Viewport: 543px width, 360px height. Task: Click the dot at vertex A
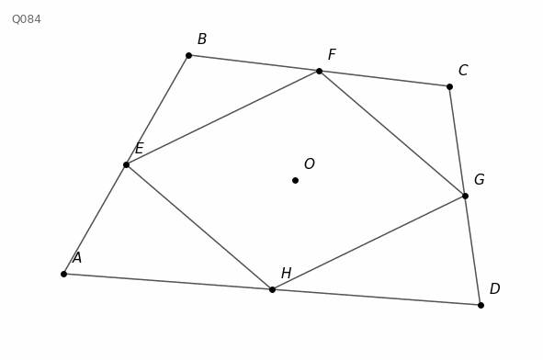pyautogui.click(x=63, y=275)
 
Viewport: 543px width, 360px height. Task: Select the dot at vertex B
pyautogui.click(x=188, y=55)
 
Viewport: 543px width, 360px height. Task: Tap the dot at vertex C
pyautogui.click(x=449, y=86)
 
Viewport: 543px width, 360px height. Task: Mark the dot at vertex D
pyautogui.click(x=481, y=305)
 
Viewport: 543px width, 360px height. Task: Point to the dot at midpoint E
pyautogui.click(x=127, y=164)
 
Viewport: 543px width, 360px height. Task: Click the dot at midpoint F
pyautogui.click(x=320, y=72)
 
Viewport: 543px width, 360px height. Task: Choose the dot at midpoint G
pyautogui.click(x=465, y=196)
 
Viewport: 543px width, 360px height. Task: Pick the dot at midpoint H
pyautogui.click(x=272, y=289)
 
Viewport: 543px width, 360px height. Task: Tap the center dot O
pyautogui.click(x=296, y=180)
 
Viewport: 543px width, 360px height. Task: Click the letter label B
pyautogui.click(x=202, y=39)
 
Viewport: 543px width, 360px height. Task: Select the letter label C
pyautogui.click(x=463, y=71)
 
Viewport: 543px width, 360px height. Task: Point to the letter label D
pyautogui.click(x=495, y=288)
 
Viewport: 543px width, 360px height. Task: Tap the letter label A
pyautogui.click(x=77, y=258)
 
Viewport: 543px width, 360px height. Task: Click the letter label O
pyautogui.click(x=310, y=163)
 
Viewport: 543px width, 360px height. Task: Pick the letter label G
pyautogui.click(x=480, y=180)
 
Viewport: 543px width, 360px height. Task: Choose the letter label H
pyautogui.click(x=287, y=273)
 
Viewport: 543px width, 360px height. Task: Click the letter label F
pyautogui.click(x=332, y=55)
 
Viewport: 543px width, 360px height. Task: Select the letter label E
pyautogui.click(x=140, y=149)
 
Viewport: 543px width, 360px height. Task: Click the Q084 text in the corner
pyautogui.click(x=27, y=19)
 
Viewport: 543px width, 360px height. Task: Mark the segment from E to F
pyautogui.click(x=222, y=118)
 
